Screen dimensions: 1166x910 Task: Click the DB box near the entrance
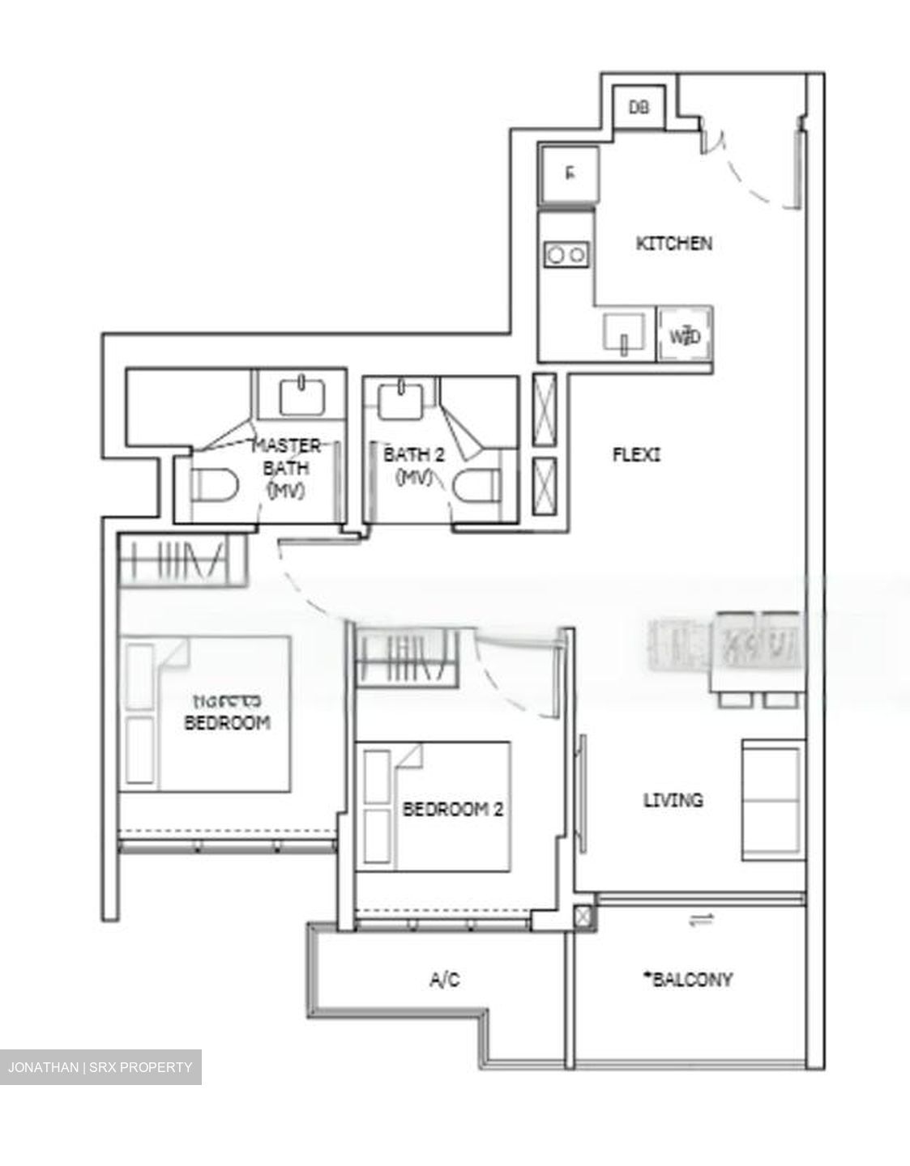(639, 107)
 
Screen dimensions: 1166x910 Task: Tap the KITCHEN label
(673, 243)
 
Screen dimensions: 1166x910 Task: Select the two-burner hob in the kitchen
(566, 254)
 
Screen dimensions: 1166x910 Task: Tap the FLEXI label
(635, 455)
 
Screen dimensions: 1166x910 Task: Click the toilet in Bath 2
(474, 489)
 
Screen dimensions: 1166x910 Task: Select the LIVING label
(673, 800)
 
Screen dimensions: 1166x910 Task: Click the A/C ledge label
(444, 980)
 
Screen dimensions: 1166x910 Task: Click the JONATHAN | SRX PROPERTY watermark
(100, 1067)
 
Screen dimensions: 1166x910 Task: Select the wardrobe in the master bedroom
(182, 558)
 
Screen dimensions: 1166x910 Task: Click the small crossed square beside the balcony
(583, 917)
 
